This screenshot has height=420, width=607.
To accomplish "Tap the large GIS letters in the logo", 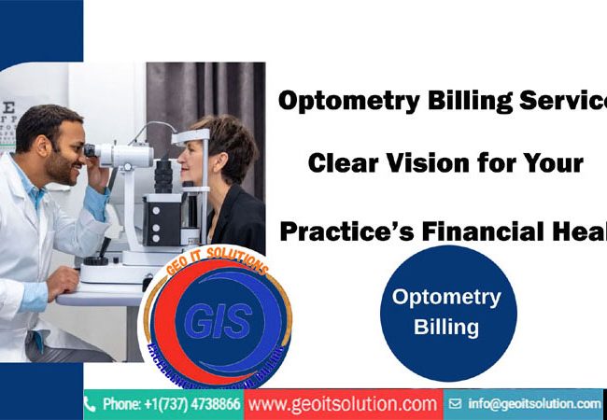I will (x=217, y=322).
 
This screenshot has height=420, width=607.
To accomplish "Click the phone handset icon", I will (x=91, y=404).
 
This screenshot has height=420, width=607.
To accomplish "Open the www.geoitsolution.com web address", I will (x=342, y=404).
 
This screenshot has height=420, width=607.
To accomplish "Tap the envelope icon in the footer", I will (x=455, y=404).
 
